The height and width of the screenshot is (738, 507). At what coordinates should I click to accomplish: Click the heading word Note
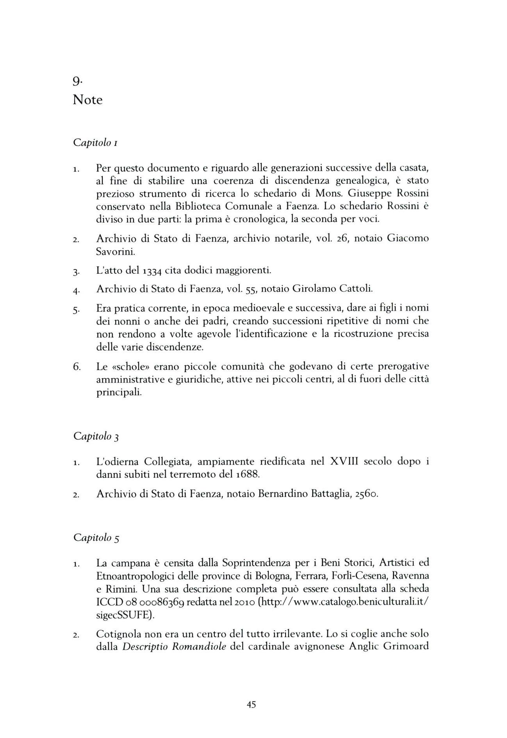[x=87, y=100]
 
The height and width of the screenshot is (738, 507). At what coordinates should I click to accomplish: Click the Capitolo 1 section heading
[x=96, y=143]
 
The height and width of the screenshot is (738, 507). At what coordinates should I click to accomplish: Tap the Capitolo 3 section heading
[x=96, y=436]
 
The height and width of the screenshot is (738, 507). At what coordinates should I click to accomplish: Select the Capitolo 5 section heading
[x=96, y=538]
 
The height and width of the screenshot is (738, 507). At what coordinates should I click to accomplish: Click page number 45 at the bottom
[x=252, y=705]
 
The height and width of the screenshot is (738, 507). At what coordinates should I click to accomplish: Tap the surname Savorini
[x=116, y=251]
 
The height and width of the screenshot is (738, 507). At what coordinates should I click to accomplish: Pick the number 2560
[x=367, y=494]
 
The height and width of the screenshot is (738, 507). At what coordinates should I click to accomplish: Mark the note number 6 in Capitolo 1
[x=77, y=367]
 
